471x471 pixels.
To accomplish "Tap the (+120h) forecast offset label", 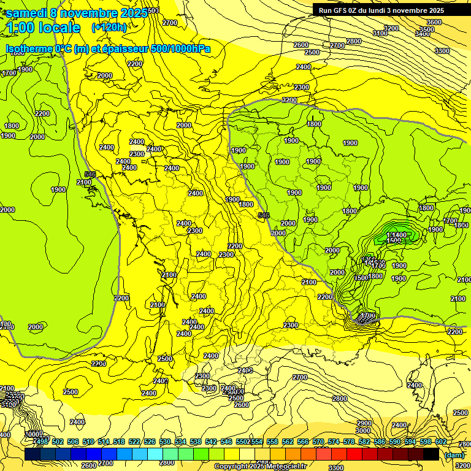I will tap(109, 27).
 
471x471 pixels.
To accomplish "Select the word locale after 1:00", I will tap(58, 28).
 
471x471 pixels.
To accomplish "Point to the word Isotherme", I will tap(28, 48).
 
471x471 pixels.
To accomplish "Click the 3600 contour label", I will tap(434, 22).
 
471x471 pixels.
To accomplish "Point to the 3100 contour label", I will tap(380, 33).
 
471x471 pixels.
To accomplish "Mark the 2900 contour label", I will tap(364, 423).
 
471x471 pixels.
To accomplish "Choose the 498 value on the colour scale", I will tap(41, 442).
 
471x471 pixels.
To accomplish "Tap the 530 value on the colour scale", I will tap(166, 442).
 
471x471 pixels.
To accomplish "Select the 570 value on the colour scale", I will tap(318, 442).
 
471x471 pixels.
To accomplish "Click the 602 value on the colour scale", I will tap(441, 442).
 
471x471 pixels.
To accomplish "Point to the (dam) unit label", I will tap(454, 454).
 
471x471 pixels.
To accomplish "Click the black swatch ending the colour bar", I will tap(431, 454).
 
